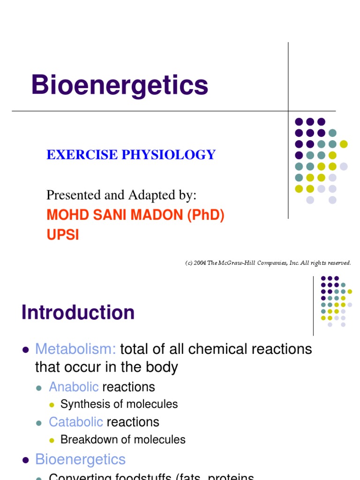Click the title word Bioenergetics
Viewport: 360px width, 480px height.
click(120, 86)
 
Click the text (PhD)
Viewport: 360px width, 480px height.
click(205, 215)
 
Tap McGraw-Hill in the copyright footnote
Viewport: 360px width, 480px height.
click(242, 263)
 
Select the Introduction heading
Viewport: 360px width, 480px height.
click(78, 313)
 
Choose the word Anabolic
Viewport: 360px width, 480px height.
click(74, 387)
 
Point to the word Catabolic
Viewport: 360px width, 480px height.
click(76, 422)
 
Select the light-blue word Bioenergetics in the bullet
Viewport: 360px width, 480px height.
click(80, 459)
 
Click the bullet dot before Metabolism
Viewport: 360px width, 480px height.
click(26, 350)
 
